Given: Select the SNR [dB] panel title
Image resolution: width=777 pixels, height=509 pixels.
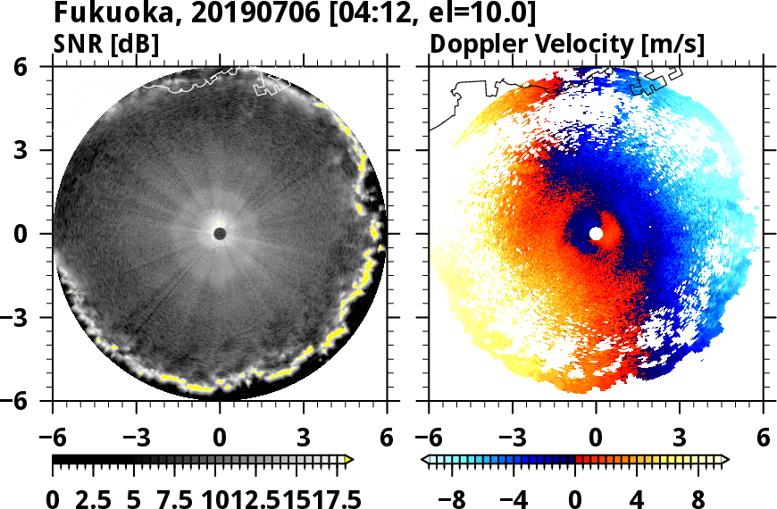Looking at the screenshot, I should (106, 43).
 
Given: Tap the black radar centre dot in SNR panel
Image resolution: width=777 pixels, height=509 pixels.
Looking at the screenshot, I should (220, 234).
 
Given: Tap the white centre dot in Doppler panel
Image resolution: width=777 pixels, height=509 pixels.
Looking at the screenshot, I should (596, 234).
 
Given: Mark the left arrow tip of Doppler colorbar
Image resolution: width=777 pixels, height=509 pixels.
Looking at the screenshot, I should (423, 460).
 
